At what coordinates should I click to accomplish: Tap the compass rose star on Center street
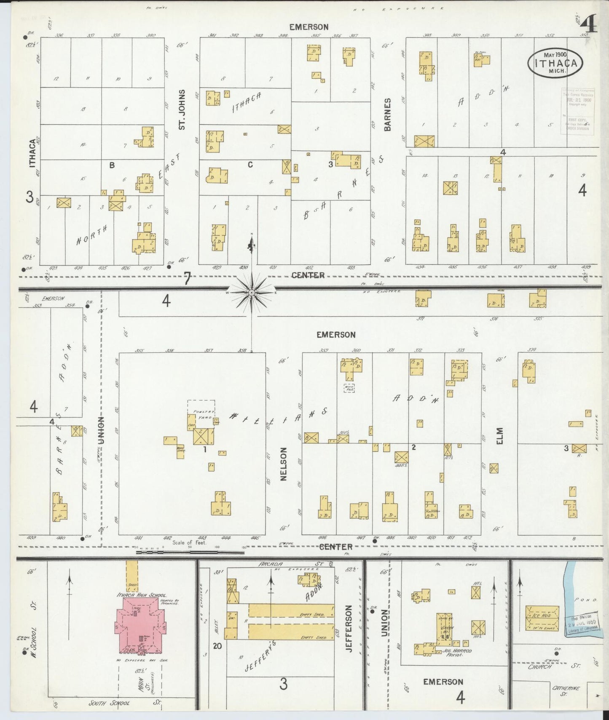click(251, 292)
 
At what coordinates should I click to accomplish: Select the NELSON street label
click(283, 464)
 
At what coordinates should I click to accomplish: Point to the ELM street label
click(500, 436)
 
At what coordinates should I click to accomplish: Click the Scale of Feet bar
click(190, 552)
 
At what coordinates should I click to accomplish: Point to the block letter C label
click(250, 165)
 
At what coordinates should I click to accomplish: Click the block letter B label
click(112, 165)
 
